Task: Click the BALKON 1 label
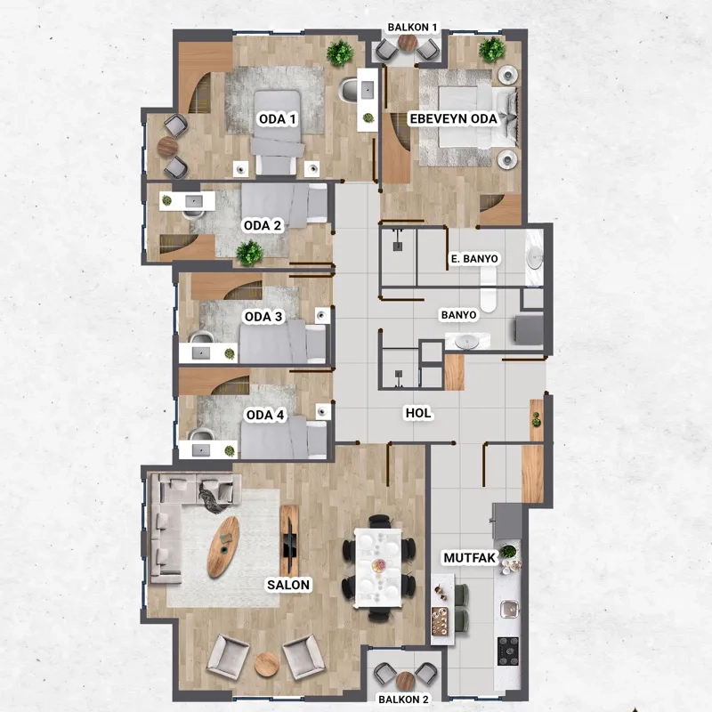click(412, 28)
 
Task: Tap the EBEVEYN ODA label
click(453, 119)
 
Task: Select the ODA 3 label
click(263, 317)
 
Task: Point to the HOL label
click(418, 413)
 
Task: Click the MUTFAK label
click(470, 558)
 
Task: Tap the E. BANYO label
click(474, 259)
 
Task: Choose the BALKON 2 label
click(404, 700)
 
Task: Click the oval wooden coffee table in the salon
click(223, 546)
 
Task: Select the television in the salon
click(288, 540)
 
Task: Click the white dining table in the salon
click(377, 568)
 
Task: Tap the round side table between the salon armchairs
click(266, 664)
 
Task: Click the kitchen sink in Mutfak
click(509, 609)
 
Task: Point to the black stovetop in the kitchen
click(508, 651)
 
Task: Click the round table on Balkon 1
click(408, 43)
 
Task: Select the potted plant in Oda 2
click(249, 253)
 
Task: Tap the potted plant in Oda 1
click(340, 53)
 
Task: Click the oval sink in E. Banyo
click(535, 258)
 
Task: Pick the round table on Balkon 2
click(405, 681)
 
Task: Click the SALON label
click(288, 585)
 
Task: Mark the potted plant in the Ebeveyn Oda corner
click(492, 50)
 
